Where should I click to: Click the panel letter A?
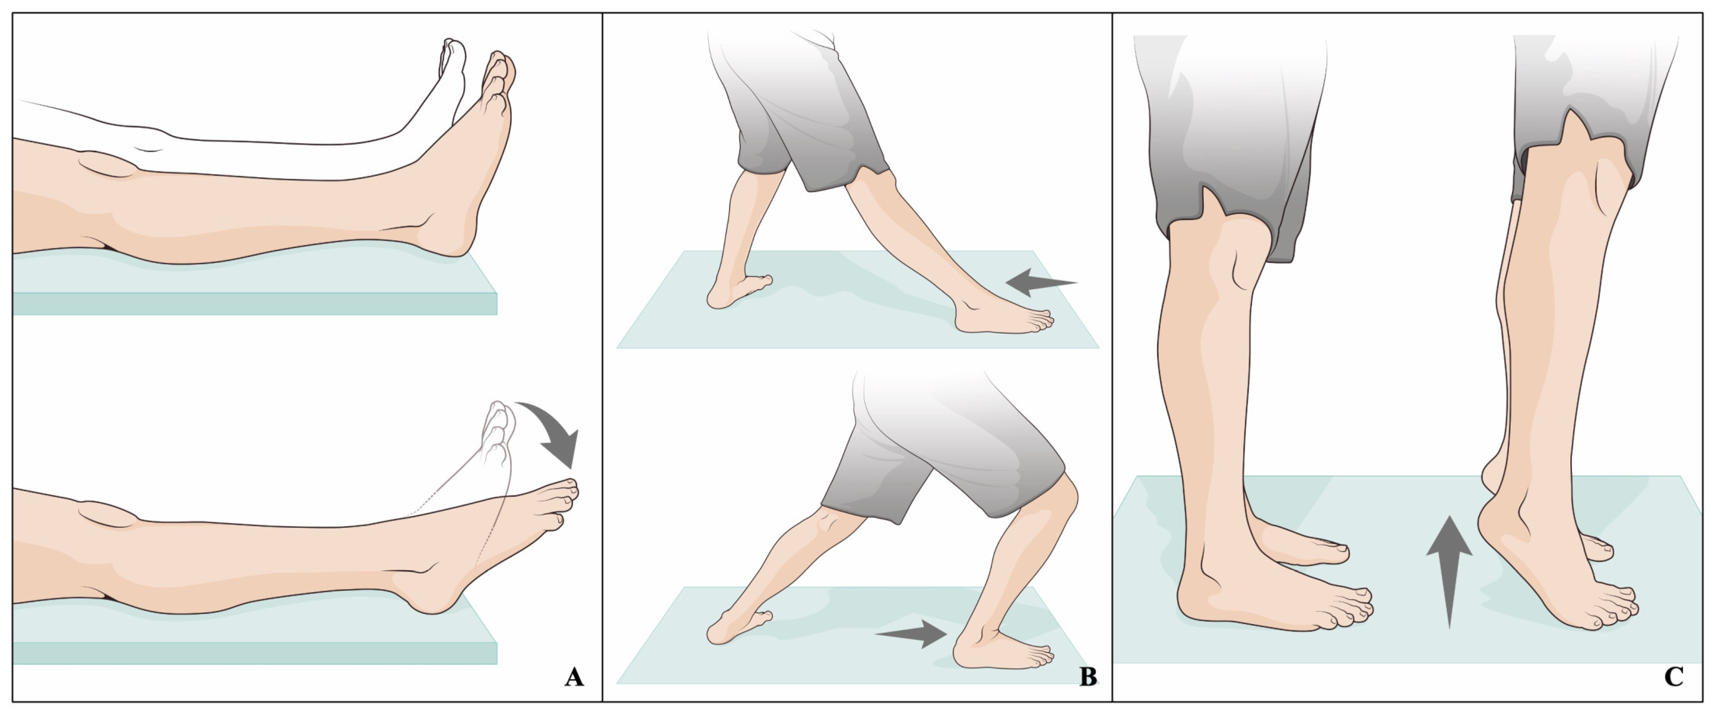[574, 677]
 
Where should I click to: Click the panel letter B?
[1088, 677]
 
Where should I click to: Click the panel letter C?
[1674, 677]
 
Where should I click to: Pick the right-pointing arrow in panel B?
[911, 634]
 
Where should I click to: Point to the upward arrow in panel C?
[1449, 571]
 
